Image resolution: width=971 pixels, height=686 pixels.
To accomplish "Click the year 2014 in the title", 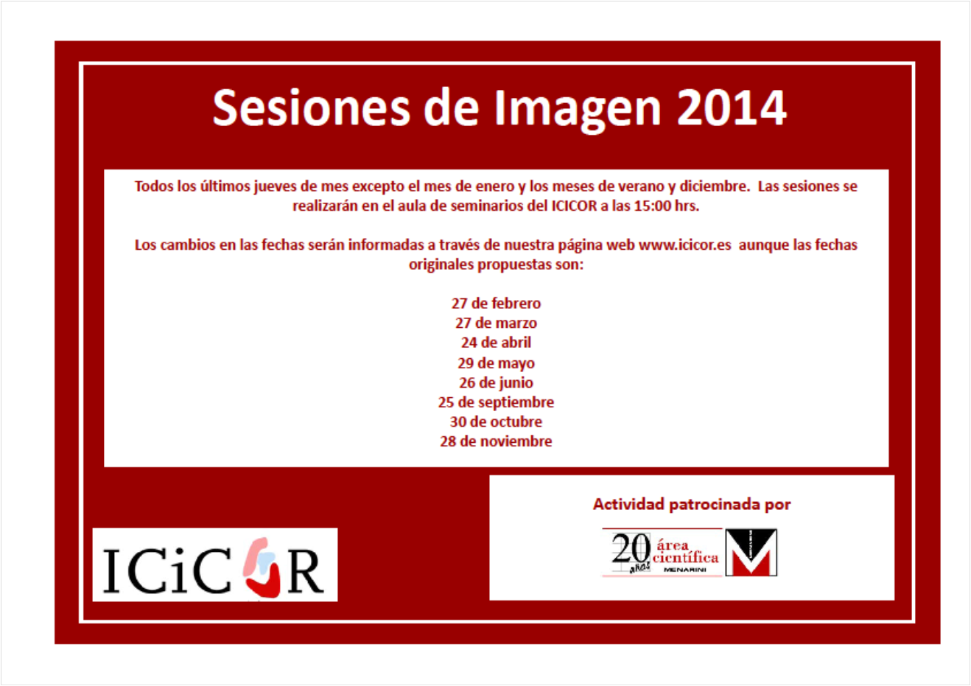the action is (x=732, y=107).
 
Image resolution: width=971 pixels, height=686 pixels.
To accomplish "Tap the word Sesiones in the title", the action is (x=311, y=108).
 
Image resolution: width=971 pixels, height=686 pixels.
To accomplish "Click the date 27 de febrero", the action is (x=496, y=304).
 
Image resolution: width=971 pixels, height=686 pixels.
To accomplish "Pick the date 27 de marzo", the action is (x=496, y=323).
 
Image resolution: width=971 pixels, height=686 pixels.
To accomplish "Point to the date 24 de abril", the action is (x=496, y=343).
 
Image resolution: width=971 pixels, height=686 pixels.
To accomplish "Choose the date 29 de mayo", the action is (x=496, y=363).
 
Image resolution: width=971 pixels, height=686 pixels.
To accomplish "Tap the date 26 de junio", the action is (x=496, y=382).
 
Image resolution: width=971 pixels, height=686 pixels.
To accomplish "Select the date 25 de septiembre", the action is (x=496, y=402).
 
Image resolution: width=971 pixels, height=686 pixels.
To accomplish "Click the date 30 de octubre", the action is (x=496, y=421).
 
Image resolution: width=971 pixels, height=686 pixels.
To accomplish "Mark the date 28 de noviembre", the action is (x=496, y=441).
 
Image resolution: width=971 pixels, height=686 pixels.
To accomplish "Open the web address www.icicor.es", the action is (x=685, y=245).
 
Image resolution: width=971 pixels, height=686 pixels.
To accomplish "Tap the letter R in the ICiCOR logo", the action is (x=305, y=571).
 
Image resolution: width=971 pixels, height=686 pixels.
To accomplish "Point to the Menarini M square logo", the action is (x=751, y=553).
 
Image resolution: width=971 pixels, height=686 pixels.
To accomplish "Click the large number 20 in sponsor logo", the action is (x=631, y=547).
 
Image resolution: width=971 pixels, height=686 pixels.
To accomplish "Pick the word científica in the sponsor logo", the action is (x=685, y=557).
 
